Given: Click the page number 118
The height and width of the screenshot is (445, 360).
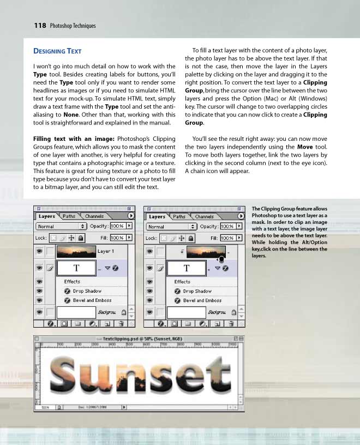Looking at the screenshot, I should (x=39, y=25).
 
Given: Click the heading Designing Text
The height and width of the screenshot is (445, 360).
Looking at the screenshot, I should (x=57, y=51).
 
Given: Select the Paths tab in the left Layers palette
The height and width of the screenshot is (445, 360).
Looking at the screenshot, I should (x=69, y=216).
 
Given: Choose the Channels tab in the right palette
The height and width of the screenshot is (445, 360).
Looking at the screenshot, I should (x=205, y=216).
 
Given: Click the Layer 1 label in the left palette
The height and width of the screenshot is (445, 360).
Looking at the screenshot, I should (x=105, y=251).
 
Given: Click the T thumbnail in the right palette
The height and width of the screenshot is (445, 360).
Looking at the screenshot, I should (x=187, y=268).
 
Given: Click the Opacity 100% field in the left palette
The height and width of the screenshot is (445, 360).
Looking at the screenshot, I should (x=117, y=226).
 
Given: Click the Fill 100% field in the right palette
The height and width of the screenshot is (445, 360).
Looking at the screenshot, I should (x=227, y=238).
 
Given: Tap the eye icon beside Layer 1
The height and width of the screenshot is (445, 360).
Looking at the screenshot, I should (x=39, y=252).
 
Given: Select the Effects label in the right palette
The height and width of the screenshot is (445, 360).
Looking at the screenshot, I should (x=182, y=282).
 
